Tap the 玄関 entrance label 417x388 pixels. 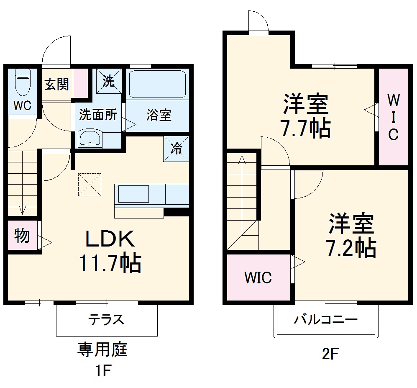coord(57,85)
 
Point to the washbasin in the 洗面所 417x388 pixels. coord(90,138)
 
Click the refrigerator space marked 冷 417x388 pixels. coord(176,148)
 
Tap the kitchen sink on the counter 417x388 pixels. coord(133,194)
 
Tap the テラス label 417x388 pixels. coord(106,320)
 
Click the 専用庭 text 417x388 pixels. coord(102,349)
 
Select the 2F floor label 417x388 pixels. coord(330,354)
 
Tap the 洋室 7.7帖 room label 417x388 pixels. coord(305,116)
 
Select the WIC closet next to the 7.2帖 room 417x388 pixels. coord(258,277)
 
